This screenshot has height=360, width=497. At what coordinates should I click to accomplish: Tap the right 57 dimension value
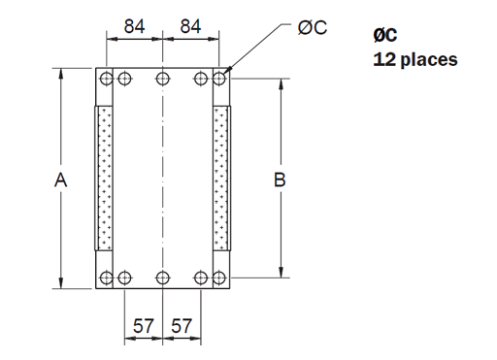pos(182,327)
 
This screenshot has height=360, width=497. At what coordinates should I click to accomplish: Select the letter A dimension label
pos(61,180)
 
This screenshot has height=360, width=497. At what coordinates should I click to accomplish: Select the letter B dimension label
pos(281,180)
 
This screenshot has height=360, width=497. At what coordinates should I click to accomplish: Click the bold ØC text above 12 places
pos(385,35)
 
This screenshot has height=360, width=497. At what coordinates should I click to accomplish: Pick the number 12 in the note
pos(382,59)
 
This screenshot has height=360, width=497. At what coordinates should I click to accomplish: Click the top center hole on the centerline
pos(163,78)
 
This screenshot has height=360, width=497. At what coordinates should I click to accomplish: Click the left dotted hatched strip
pos(105,179)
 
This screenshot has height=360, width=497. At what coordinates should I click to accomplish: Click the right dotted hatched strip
pos(222,179)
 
